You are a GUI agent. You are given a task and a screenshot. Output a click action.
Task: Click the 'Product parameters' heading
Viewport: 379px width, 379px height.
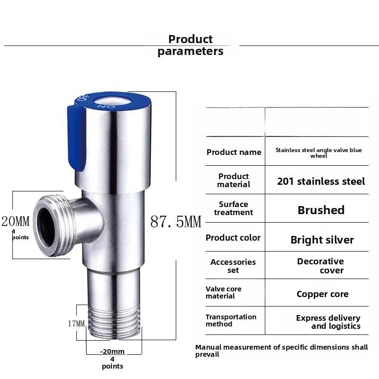click(190, 45)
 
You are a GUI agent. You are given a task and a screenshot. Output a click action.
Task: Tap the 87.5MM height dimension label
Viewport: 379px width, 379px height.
click(175, 221)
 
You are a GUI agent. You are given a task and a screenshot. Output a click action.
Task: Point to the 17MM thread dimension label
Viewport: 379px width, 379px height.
click(76, 324)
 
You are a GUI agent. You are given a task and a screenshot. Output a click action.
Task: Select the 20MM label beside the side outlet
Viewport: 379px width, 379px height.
click(15, 221)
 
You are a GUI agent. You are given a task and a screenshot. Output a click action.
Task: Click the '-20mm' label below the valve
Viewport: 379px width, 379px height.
click(112, 352)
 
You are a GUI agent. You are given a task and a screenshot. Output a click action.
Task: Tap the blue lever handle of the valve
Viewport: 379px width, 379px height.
click(75, 137)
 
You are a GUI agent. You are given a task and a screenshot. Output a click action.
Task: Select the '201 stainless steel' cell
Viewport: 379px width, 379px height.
click(321, 181)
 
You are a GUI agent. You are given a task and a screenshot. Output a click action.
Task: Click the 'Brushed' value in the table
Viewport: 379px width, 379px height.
click(321, 210)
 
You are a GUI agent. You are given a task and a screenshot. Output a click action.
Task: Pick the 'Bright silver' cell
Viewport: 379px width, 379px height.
click(322, 240)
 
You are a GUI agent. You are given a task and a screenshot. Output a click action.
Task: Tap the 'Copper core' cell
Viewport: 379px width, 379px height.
click(322, 294)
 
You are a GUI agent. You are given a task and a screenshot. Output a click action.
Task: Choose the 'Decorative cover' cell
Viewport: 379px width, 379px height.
click(321, 266)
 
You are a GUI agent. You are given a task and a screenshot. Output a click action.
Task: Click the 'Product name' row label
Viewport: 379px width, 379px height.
click(234, 152)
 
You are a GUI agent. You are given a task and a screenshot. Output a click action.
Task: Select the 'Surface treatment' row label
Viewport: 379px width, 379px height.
click(234, 208)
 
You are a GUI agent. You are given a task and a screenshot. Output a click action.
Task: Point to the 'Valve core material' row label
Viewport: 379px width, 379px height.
click(223, 292)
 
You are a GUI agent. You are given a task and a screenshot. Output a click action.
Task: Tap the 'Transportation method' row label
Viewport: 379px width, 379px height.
click(231, 320)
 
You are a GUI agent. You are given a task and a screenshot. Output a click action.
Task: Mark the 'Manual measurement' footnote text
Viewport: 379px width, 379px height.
click(281, 351)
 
